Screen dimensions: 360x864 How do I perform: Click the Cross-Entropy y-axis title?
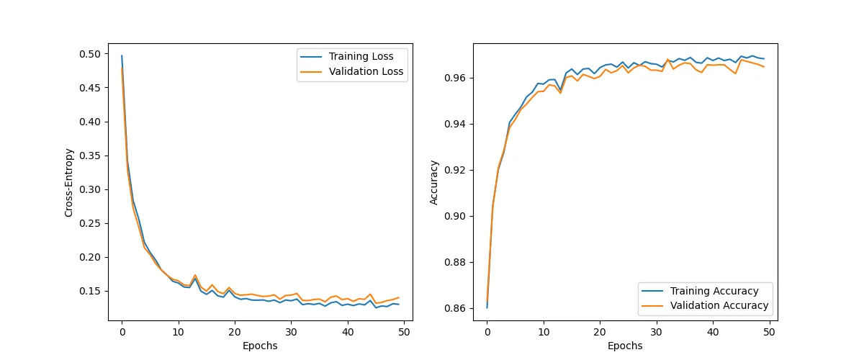(69, 182)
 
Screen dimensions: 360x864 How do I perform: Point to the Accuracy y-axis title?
(434, 182)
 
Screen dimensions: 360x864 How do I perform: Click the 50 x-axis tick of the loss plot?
(405, 332)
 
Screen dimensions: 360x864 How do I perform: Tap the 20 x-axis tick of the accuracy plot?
(600, 332)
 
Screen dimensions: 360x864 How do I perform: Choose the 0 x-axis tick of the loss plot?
(122, 332)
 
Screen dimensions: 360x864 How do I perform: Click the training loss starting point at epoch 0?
(122, 55)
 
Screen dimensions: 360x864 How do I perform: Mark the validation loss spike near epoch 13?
(195, 275)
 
